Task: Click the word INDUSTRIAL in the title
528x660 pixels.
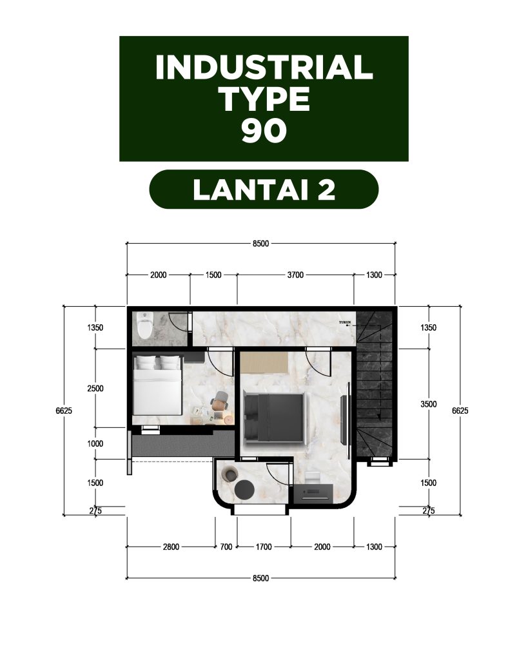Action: pyautogui.click(x=264, y=67)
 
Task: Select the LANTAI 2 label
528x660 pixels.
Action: pyautogui.click(x=264, y=190)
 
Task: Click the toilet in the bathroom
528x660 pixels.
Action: pyautogui.click(x=144, y=325)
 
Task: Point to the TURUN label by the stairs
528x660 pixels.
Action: pyautogui.click(x=345, y=322)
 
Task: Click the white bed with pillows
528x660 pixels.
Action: pyautogui.click(x=157, y=385)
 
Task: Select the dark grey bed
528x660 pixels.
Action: pyautogui.click(x=274, y=418)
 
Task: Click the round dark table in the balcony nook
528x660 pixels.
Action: pyautogui.click(x=244, y=490)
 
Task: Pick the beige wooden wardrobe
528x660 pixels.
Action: pyautogui.click(x=264, y=362)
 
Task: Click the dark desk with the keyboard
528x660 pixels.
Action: pyautogui.click(x=313, y=493)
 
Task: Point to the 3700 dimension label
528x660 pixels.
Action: pyautogui.click(x=295, y=275)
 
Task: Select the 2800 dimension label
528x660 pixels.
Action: pyautogui.click(x=171, y=547)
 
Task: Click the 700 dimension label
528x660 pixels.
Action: pyautogui.click(x=226, y=547)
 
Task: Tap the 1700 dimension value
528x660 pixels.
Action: pyautogui.click(x=264, y=547)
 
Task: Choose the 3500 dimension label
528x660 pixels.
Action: pyautogui.click(x=429, y=404)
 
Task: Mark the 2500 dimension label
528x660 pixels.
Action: pyautogui.click(x=95, y=389)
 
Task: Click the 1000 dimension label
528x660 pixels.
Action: pyautogui.click(x=95, y=443)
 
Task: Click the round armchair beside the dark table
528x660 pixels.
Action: pyautogui.click(x=231, y=474)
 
